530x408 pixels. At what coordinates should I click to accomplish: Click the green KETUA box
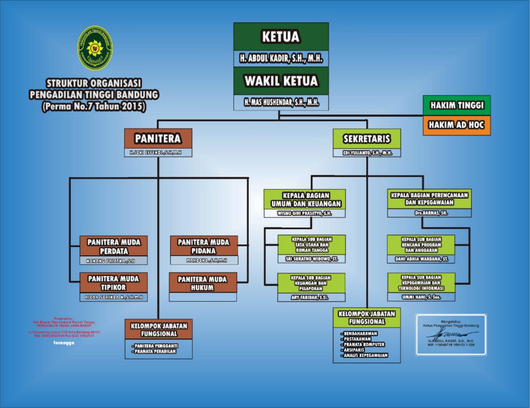281,37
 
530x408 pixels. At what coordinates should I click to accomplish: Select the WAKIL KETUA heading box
281,81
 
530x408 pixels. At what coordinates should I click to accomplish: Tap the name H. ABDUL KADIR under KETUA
281,58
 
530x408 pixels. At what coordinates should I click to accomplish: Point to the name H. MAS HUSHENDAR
281,102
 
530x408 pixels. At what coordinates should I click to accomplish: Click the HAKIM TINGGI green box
457,105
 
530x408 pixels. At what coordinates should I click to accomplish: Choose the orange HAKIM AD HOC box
457,125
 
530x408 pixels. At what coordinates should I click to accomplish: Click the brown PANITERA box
158,138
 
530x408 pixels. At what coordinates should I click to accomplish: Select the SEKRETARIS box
367,139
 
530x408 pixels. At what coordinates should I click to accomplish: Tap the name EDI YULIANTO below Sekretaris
367,153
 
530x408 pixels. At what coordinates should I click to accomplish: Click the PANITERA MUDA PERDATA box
113,246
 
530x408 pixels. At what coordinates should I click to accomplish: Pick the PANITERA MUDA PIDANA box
203,246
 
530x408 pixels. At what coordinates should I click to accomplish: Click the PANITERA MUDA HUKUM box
202,283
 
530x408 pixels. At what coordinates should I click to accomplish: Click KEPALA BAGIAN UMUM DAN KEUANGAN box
306,200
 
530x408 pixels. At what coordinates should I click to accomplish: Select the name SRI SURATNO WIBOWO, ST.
311,259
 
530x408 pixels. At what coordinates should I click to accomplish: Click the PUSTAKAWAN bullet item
357,339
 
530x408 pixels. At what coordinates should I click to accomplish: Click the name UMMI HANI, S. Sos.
421,297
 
